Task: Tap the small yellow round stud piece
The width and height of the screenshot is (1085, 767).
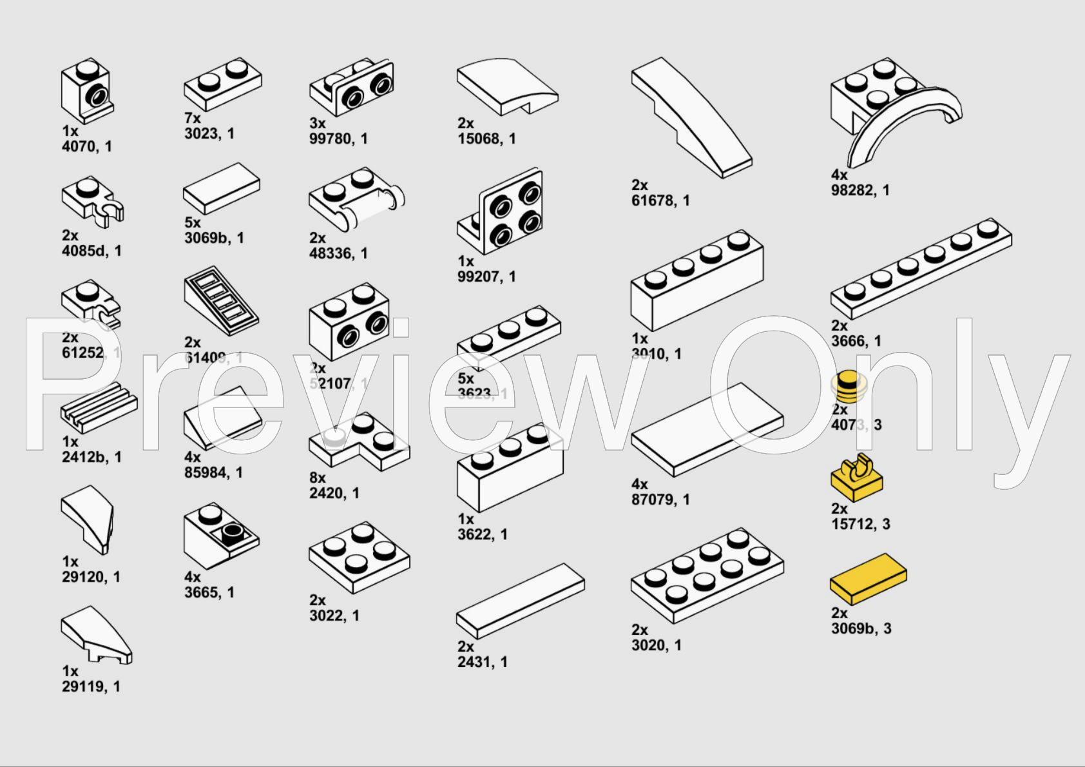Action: [849, 386]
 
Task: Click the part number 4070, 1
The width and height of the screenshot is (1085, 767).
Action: [86, 147]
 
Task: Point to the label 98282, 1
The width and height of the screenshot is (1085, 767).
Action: [859, 191]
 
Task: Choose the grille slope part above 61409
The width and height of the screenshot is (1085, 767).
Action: [221, 300]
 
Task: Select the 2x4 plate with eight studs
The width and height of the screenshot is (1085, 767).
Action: [707, 575]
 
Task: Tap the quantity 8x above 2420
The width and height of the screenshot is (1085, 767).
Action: [317, 478]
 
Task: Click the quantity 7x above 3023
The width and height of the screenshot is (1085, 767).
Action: [192, 119]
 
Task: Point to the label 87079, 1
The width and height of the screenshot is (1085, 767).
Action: [660, 500]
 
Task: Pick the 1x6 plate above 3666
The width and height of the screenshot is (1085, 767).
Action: [921, 267]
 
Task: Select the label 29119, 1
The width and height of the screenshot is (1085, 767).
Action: [91, 687]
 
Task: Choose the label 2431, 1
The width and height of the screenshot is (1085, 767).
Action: [482, 663]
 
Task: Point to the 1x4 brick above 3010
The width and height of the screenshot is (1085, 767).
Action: [696, 280]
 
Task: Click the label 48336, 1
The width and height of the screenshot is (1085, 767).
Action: [338, 254]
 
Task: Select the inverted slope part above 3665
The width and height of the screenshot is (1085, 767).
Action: [220, 535]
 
